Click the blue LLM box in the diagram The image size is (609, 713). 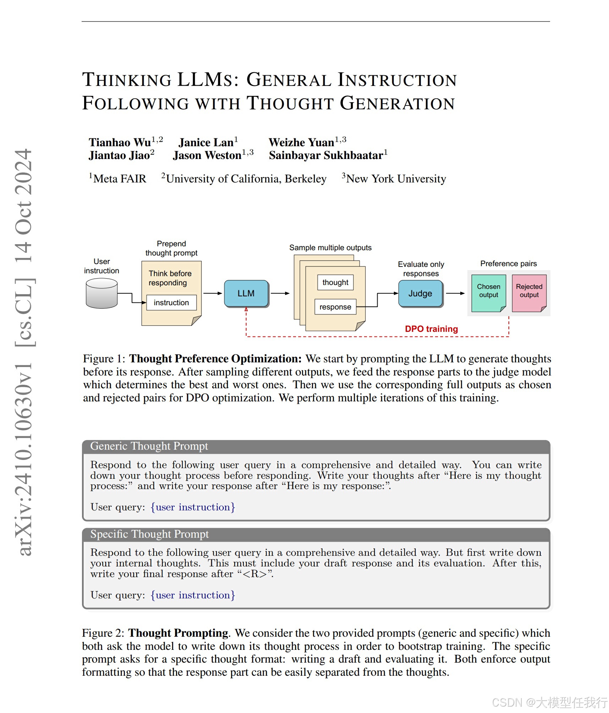[246, 294]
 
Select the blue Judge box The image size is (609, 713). [420, 294]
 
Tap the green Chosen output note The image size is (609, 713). [488, 293]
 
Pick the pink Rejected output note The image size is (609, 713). [529, 293]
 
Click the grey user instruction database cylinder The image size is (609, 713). [101, 293]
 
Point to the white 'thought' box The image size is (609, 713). [335, 283]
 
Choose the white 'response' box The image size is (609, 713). [335, 307]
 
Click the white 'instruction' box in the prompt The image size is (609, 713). [171, 303]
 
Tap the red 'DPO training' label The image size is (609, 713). [431, 329]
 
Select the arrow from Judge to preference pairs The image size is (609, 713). [455, 294]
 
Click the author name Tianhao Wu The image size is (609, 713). [120, 143]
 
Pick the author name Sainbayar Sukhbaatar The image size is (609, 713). [326, 155]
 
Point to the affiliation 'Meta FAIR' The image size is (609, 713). [120, 179]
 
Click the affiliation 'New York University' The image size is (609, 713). [396, 179]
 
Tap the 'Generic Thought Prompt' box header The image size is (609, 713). [149, 446]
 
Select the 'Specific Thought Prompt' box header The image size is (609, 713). [149, 534]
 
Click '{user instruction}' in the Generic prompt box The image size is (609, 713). [193, 507]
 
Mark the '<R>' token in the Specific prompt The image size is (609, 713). [254, 574]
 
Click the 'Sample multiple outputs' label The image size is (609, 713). [330, 248]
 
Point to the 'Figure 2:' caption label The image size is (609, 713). [103, 633]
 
